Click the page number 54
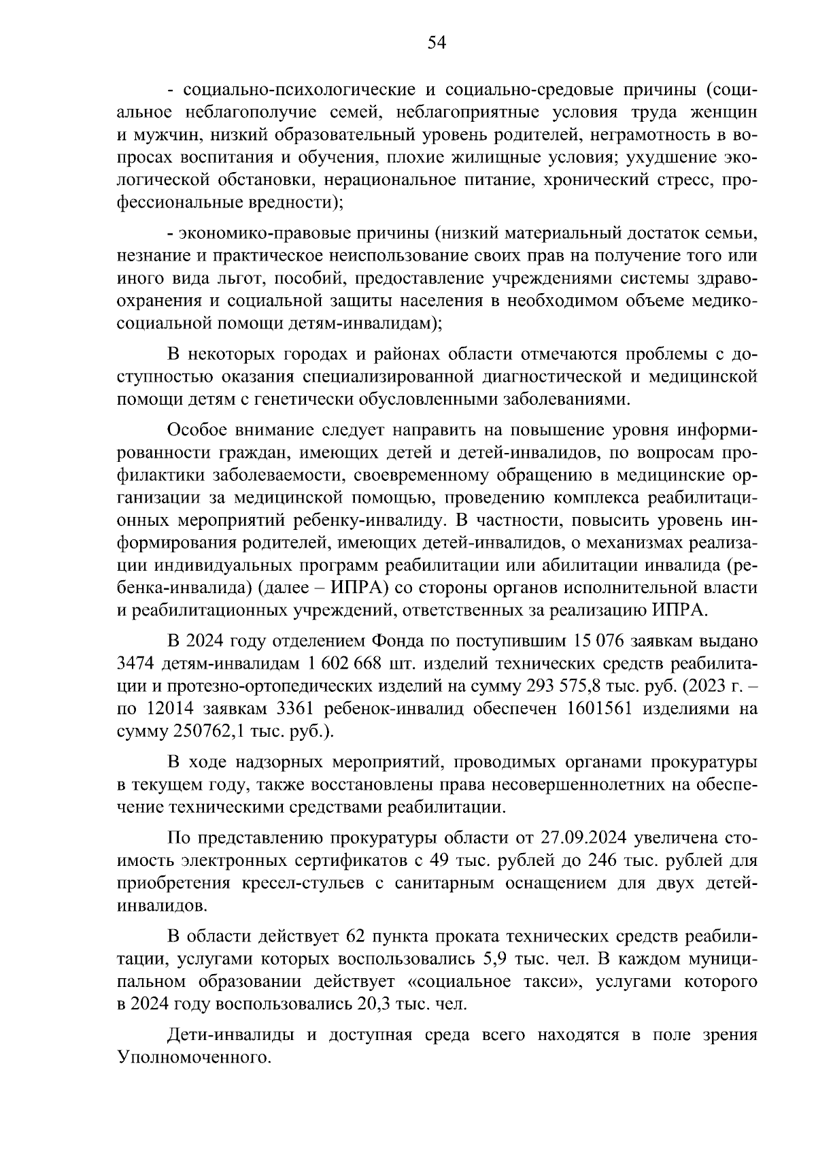pos(436,44)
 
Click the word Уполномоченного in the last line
pos(194,1058)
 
